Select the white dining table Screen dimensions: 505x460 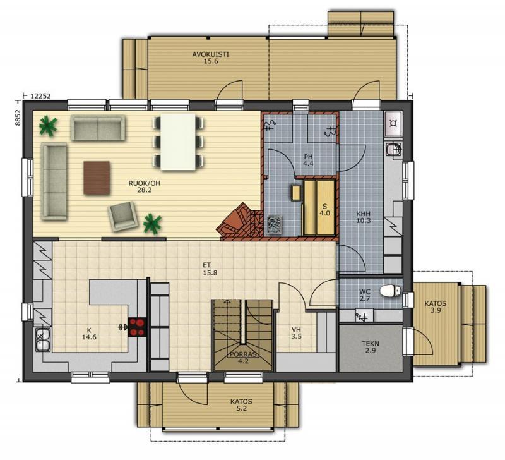point(178,142)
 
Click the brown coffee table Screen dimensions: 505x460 point(97,178)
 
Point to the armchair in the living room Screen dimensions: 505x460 point(122,216)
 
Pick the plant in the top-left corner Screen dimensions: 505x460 point(48,126)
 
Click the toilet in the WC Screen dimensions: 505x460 point(390,291)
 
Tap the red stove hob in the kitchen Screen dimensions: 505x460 point(137,327)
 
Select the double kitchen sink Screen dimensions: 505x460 point(43,341)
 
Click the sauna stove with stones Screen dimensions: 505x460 point(275,224)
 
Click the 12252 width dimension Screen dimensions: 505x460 point(40,96)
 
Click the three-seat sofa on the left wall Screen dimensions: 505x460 point(54,181)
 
